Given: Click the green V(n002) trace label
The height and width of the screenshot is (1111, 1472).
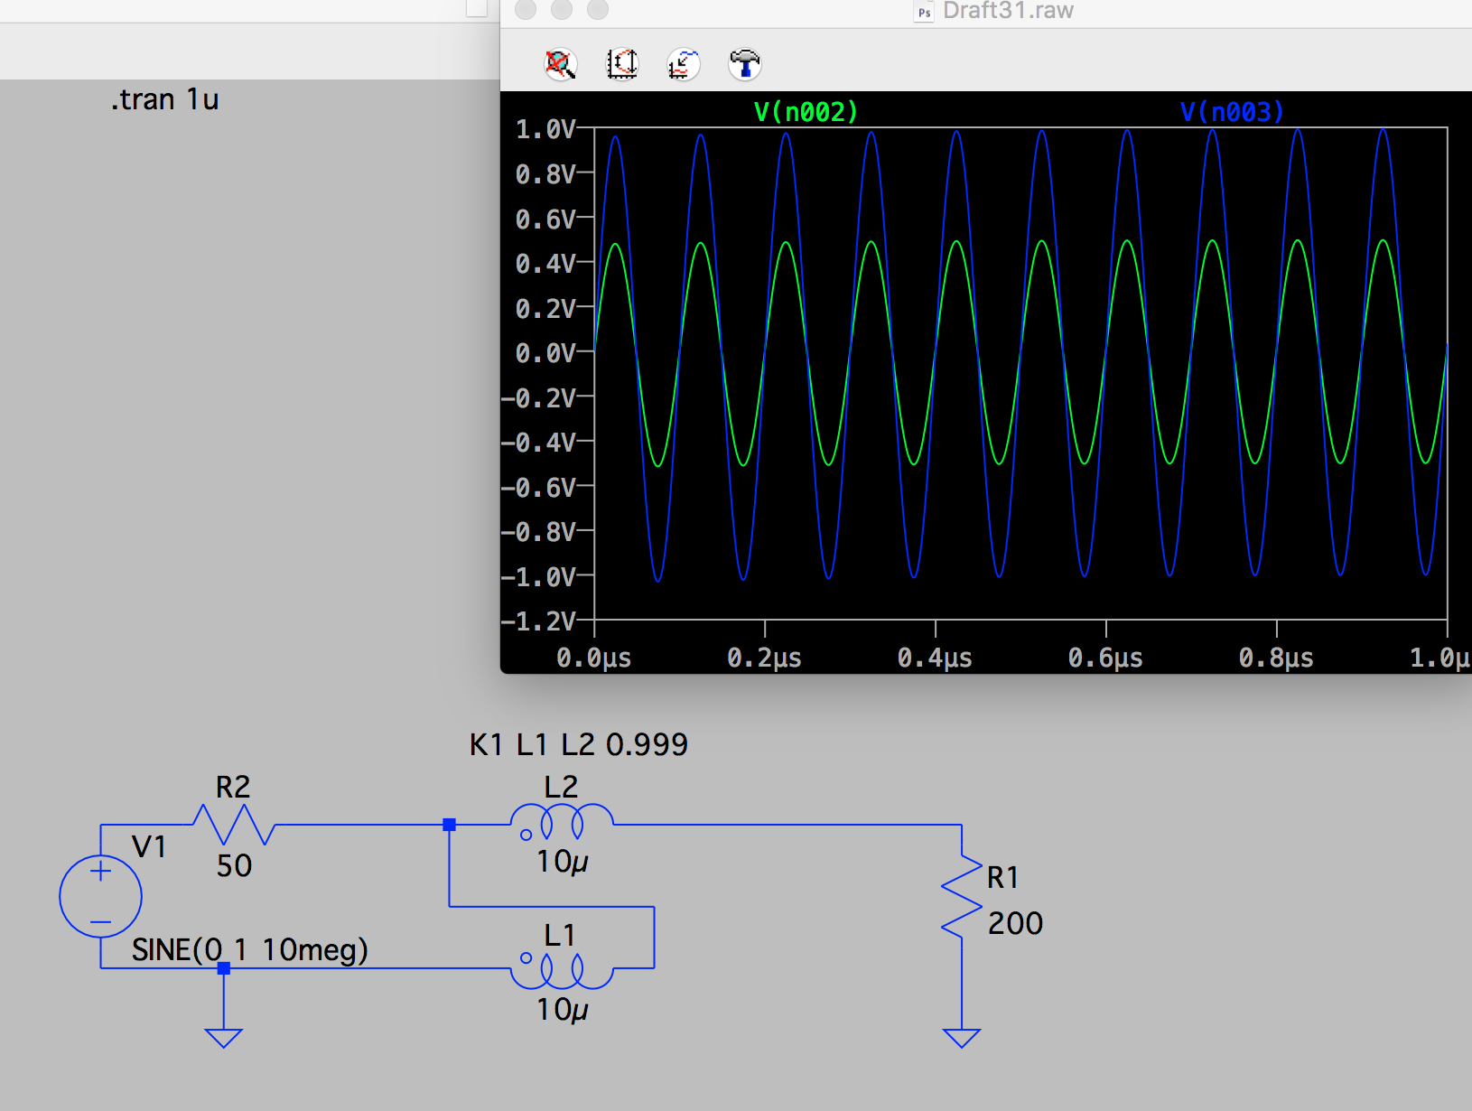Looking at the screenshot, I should pos(806,112).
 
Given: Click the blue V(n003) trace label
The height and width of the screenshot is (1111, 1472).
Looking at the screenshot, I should pos(1232,112).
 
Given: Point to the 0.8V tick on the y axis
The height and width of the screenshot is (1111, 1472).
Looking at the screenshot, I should pos(545,174).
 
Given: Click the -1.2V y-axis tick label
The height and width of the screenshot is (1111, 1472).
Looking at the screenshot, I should pos(539,621).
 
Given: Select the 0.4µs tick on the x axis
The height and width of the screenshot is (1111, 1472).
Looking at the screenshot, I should pos(935,658).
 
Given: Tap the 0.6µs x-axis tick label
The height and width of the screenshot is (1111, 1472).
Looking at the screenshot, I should pos(1105,658).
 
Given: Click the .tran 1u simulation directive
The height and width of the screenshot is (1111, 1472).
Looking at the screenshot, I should pos(165,99).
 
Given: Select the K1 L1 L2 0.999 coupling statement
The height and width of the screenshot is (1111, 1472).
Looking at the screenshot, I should pos(578,744).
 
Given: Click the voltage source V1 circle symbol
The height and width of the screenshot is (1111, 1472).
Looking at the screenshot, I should pos(100,896).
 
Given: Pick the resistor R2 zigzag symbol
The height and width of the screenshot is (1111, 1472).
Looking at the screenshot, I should pos(233,824).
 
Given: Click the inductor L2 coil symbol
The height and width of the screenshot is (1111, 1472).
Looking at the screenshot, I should pos(562,822).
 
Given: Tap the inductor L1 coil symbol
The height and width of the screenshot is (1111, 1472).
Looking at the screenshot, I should pos(562,970).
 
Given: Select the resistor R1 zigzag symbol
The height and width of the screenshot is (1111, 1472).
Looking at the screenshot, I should pos(962,897).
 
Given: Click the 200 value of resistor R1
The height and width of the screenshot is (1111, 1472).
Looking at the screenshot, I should pos(1015,923).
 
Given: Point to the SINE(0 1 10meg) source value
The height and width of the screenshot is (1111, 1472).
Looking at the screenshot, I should pos(250,949).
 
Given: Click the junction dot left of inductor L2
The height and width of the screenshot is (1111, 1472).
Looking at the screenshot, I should pos(449,825).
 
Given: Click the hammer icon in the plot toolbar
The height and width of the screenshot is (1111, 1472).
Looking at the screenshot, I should pos(744,63).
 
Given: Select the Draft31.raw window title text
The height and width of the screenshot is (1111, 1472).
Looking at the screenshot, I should pos(1008,11).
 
